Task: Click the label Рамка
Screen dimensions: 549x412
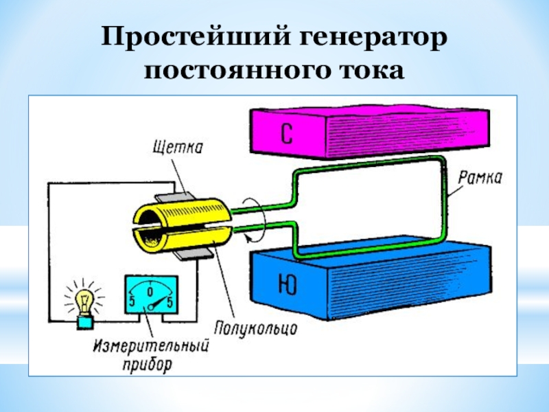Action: tap(482, 178)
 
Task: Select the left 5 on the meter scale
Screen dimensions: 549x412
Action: tap(130, 301)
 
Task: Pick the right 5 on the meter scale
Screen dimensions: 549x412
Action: tap(171, 301)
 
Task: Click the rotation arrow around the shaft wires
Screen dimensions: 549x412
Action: tap(248, 218)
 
